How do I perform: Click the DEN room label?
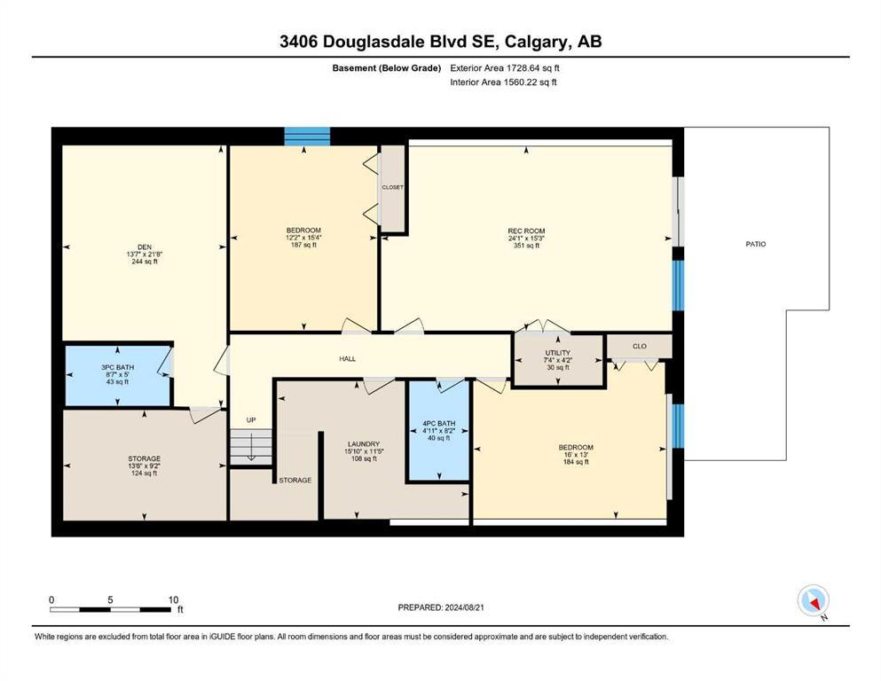(x=145, y=247)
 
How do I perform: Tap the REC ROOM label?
(x=526, y=231)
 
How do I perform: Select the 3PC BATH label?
(x=117, y=368)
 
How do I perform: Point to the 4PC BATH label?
(x=439, y=424)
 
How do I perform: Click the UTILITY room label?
(x=557, y=353)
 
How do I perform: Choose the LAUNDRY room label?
(x=364, y=444)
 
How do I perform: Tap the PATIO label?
(x=756, y=244)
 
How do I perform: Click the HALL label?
(x=347, y=359)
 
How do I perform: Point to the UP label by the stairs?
(x=251, y=420)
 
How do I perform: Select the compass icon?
(x=814, y=601)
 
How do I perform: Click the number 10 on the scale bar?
(x=173, y=599)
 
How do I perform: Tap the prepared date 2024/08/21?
(x=465, y=607)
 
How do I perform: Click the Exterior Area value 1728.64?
(x=524, y=68)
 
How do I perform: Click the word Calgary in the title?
(x=537, y=42)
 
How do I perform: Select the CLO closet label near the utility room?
(x=640, y=347)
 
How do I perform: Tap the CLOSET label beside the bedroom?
(x=393, y=187)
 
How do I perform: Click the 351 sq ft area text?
(x=526, y=246)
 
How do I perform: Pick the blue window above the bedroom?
(x=307, y=137)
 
